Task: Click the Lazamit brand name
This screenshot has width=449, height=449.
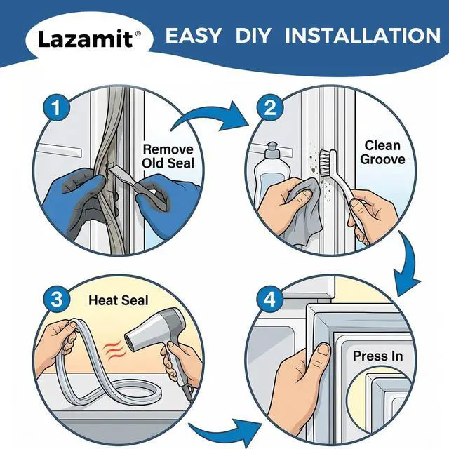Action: point(86,39)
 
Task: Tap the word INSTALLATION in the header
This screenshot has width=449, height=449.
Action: point(363,36)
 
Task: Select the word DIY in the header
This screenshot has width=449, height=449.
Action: point(253,36)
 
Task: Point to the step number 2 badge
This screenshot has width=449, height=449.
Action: point(269,108)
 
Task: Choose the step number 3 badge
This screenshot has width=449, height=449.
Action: point(56,300)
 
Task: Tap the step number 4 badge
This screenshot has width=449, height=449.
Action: point(269,300)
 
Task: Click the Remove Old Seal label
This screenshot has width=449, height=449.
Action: point(168,156)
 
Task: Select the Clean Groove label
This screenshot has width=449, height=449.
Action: point(382,152)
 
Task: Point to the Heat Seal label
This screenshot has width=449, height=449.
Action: point(119,300)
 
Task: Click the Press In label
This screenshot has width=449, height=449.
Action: point(377,356)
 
